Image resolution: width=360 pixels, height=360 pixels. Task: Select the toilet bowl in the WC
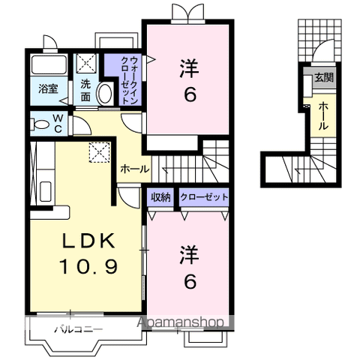pos(40,121)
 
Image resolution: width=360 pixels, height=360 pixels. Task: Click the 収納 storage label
pos(161,197)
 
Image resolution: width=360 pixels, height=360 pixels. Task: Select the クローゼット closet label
pos(204,197)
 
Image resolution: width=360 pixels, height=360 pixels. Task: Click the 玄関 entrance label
pos(323,77)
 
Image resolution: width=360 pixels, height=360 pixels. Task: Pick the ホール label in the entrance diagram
pos(323,115)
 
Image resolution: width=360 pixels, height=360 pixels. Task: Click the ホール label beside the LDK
pos(134,169)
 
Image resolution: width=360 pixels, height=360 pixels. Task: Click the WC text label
pos(57,121)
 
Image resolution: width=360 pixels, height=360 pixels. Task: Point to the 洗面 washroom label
pos(86,90)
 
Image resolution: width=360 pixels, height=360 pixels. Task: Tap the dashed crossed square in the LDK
pos(98,152)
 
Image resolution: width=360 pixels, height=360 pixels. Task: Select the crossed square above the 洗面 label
pos(88,63)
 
